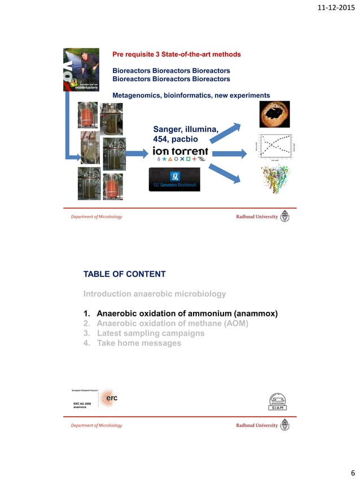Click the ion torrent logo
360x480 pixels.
click(180, 152)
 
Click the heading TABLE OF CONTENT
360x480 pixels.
click(124, 274)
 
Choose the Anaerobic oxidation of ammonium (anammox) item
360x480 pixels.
click(186, 314)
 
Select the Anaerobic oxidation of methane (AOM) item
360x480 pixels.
click(172, 323)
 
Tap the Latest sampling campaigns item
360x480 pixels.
click(150, 333)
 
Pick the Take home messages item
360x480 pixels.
click(139, 343)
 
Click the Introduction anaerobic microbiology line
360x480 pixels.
click(155, 294)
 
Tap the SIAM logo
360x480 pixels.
click(278, 402)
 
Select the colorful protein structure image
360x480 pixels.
click(274, 180)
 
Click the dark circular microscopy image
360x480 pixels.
click(274, 115)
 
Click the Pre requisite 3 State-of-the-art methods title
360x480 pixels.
click(177, 54)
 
